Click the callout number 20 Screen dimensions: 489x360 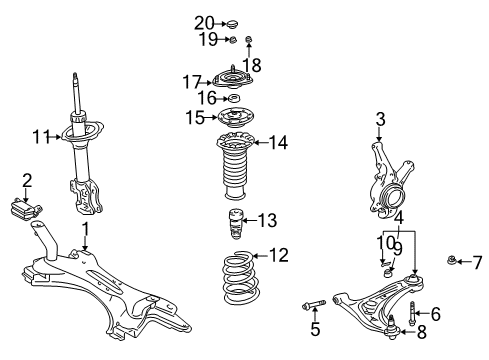[204, 24]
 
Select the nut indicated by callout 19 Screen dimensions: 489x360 [233, 40]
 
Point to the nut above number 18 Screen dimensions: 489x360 [249, 40]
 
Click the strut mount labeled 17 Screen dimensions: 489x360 [233, 80]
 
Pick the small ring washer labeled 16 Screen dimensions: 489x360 [233, 99]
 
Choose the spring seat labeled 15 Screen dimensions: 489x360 [234, 118]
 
